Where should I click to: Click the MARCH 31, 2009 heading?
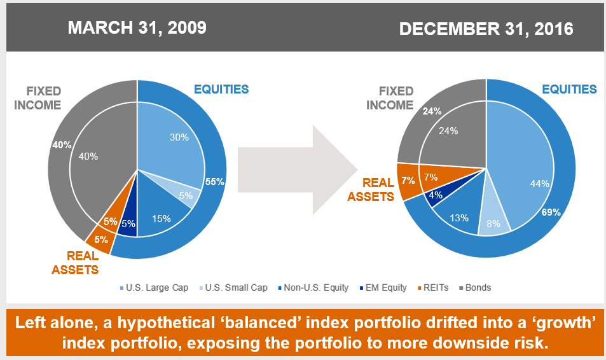point(137,28)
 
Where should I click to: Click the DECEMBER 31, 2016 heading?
point(486,29)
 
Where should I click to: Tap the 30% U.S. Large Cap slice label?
point(179,137)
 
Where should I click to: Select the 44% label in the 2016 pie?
point(540,184)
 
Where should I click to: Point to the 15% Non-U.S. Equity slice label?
point(162,219)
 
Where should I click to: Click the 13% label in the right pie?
point(459,218)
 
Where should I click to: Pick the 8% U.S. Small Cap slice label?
point(493,223)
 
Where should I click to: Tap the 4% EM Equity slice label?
point(436,195)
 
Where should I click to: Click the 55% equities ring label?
point(215,182)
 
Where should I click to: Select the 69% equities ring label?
point(551,212)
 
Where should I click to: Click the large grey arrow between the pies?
point(298,170)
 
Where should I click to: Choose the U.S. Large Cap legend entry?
point(155,287)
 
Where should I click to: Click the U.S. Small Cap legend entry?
point(233,287)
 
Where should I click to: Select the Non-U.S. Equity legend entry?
point(313,287)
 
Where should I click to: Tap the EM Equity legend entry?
point(383,287)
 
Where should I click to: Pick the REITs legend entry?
point(433,287)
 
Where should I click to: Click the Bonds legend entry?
point(475,287)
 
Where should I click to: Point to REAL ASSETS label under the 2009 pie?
point(76,263)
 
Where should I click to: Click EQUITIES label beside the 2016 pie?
point(569,89)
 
